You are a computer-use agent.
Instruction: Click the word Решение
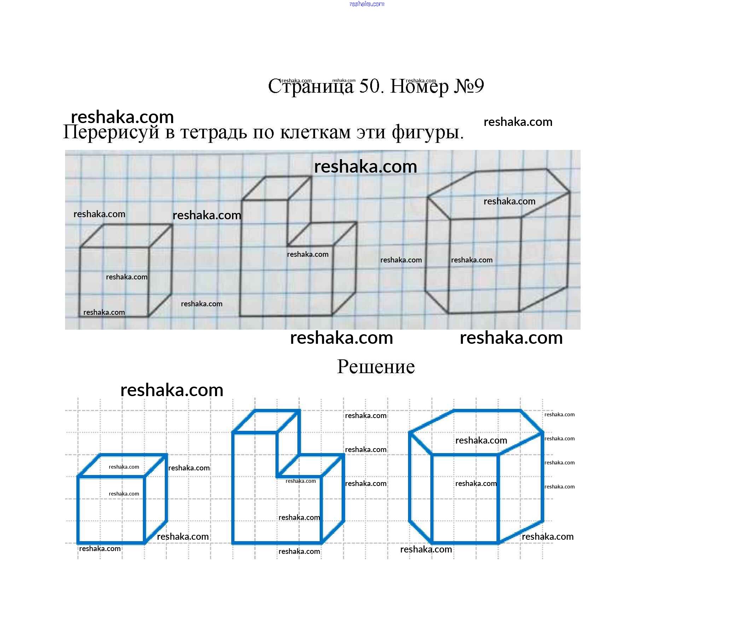376,367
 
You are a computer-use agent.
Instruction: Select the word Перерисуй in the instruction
111,132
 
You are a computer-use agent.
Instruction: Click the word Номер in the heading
419,86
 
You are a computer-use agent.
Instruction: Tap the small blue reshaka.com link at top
366,4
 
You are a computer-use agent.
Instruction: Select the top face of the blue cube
122,465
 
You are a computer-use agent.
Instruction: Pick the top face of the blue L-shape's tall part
266,421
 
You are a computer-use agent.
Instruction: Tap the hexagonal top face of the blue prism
476,432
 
